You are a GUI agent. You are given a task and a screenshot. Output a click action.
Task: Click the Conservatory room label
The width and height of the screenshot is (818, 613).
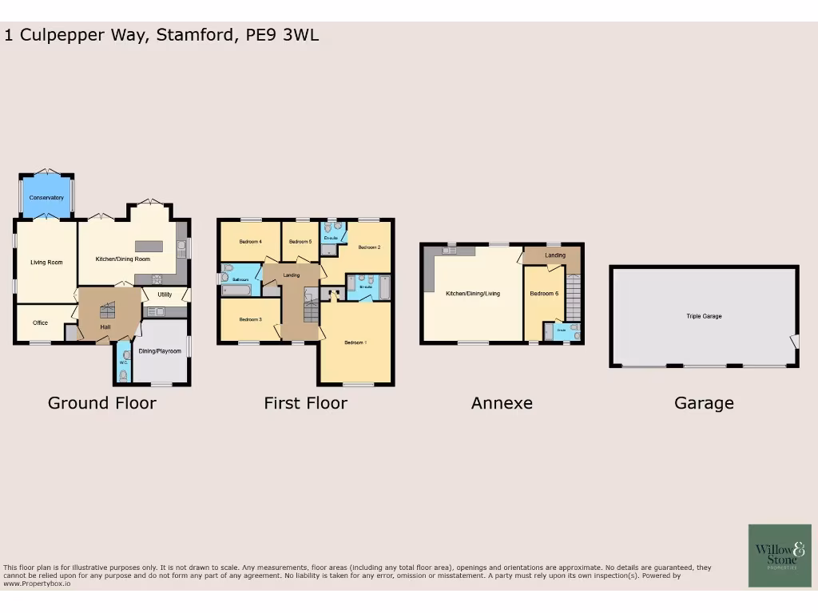pos(46,197)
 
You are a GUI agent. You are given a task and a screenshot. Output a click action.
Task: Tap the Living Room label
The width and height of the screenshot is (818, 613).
pos(46,262)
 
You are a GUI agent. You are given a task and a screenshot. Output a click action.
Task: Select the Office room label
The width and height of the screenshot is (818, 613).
pos(40,323)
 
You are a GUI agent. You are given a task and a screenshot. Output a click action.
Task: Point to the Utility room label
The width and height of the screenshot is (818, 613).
pos(165,295)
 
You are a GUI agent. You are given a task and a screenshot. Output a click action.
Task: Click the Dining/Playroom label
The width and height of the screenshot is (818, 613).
pos(160,351)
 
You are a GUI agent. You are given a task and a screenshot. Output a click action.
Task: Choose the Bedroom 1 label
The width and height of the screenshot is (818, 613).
pos(355,342)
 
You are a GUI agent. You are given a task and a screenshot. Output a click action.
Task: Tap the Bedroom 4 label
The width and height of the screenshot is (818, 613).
pos(250,241)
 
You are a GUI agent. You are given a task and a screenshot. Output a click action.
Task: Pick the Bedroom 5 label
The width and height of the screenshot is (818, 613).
pos(300,241)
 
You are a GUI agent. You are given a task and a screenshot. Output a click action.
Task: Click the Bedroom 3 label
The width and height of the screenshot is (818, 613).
pos(250,319)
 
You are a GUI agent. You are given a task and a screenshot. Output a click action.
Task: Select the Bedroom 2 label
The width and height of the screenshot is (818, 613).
pos(369,247)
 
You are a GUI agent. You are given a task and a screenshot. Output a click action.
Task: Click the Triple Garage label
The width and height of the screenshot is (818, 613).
pos(704,316)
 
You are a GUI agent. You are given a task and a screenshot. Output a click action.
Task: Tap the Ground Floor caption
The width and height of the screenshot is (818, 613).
pos(101,403)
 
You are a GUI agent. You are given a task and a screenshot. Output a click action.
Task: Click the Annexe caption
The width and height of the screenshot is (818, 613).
pos(502,403)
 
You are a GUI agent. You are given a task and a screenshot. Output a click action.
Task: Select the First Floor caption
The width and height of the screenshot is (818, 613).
pos(305,403)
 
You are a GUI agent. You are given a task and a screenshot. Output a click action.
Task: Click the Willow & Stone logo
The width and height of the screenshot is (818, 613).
pos(780,556)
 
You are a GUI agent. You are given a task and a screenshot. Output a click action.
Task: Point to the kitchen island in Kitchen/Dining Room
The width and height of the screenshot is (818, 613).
pos(154,246)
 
